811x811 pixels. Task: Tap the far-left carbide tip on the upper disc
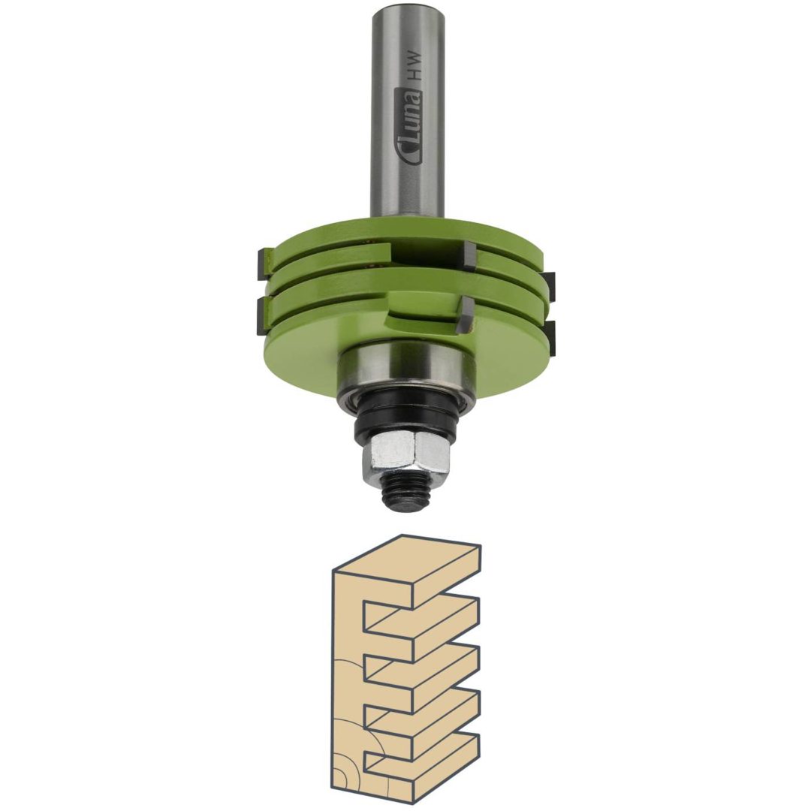[x=262, y=264]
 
